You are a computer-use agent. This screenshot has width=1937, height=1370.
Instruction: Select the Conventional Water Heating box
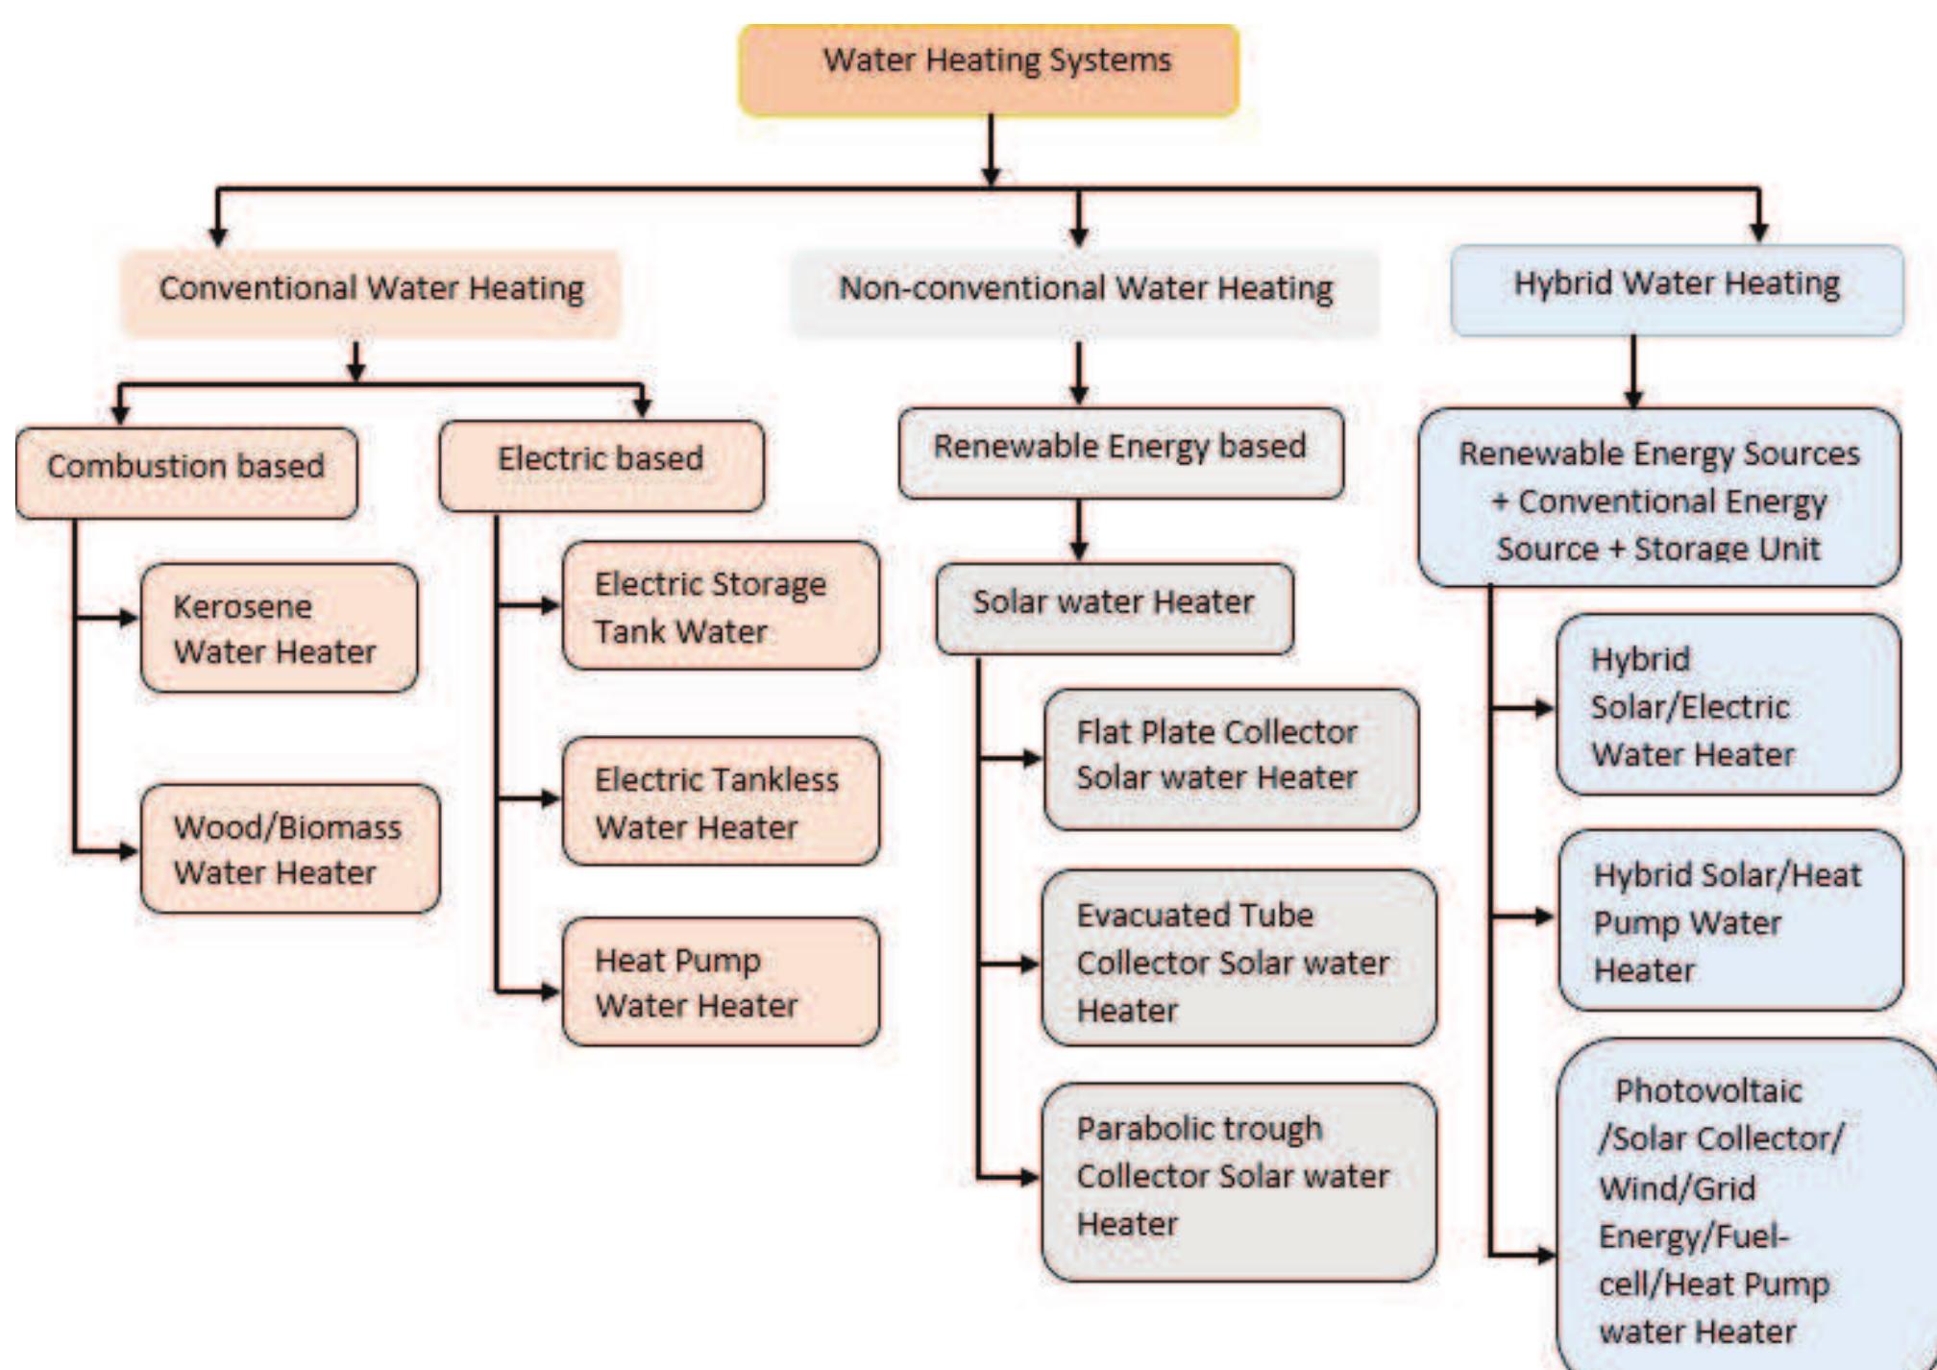(371, 291)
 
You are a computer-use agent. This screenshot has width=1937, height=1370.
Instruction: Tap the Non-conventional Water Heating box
(1085, 291)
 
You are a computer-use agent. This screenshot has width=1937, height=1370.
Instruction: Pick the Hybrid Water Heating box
(1677, 288)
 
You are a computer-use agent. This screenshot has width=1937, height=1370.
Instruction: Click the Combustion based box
(186, 471)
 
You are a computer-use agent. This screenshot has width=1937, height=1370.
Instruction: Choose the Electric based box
(601, 464)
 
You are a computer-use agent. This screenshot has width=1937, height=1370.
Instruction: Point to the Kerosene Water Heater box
(279, 628)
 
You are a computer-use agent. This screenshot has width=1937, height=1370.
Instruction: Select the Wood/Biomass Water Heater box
(289, 849)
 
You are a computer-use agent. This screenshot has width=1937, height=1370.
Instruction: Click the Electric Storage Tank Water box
(720, 606)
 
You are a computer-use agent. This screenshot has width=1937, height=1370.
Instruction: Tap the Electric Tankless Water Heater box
(720, 801)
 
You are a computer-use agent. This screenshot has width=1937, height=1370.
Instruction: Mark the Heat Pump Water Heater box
(720, 982)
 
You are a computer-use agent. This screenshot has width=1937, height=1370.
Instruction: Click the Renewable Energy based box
(1120, 452)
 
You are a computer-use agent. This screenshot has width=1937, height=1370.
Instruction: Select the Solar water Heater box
(1114, 607)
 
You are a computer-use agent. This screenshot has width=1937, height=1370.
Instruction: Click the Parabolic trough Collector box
(1238, 1181)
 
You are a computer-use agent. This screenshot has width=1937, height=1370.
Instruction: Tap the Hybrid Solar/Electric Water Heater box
(1728, 705)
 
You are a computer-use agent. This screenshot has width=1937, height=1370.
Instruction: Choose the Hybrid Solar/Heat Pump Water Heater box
(1729, 920)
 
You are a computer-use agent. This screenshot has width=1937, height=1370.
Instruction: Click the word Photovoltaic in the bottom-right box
(1708, 1091)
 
